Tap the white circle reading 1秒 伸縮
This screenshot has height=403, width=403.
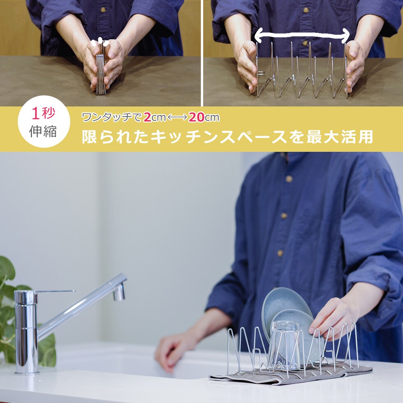(44, 122)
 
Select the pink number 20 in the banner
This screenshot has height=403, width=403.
(197, 117)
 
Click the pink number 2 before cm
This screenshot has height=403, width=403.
(147, 117)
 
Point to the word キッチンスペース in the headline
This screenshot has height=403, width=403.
(218, 137)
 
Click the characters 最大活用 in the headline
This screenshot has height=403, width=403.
(339, 137)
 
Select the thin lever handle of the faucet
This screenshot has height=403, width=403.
(55, 291)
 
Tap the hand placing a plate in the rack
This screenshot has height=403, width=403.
(331, 317)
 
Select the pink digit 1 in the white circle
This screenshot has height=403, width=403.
(35, 113)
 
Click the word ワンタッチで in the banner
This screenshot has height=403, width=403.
(111, 118)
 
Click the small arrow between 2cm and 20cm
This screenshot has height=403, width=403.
(177, 118)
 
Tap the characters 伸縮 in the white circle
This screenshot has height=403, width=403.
(43, 131)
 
